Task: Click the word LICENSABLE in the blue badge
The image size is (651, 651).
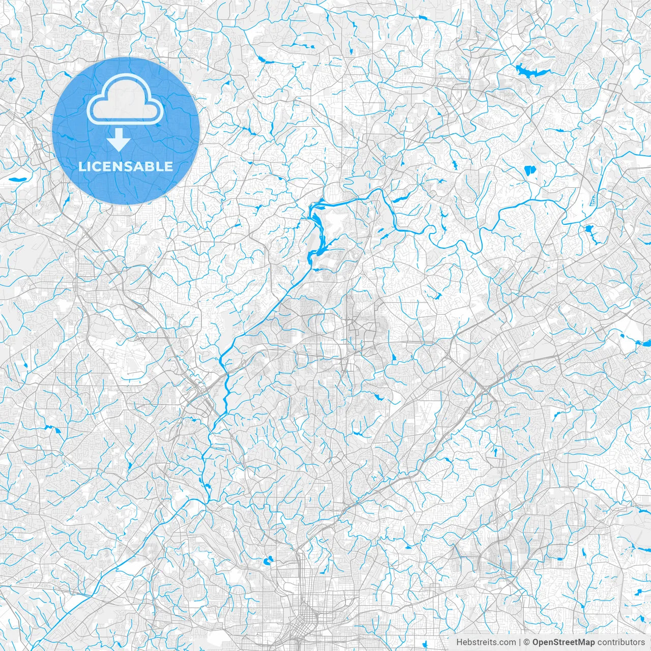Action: coord(126,166)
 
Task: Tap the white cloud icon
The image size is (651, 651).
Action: coord(125,100)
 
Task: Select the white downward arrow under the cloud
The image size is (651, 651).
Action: coord(119,140)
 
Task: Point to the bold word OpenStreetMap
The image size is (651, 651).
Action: coord(564,642)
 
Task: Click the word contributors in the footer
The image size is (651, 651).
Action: coord(621,642)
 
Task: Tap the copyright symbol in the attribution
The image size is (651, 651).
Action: coord(527,642)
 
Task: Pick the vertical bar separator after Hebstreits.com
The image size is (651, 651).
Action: coord(520,642)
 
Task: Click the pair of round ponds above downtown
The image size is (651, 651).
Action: coord(267,561)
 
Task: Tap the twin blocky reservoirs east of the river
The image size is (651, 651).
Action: coord(529,170)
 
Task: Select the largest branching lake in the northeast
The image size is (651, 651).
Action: coord(529,71)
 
